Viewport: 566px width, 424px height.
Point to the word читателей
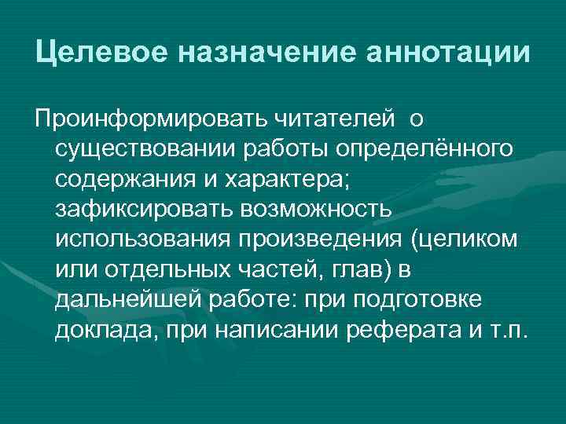pyautogui.click(x=339, y=119)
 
